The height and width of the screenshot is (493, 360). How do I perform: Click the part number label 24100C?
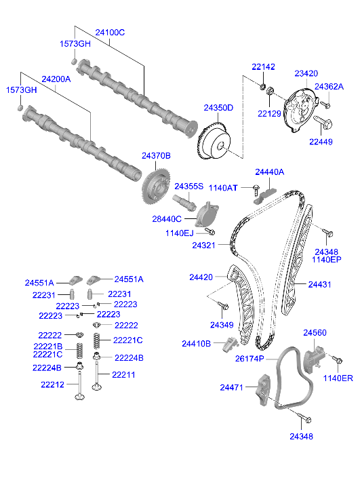110,32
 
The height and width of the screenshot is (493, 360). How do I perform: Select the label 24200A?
56,79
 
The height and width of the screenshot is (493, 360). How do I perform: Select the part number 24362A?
329,87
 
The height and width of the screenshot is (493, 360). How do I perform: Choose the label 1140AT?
222,187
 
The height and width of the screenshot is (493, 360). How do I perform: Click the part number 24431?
322,285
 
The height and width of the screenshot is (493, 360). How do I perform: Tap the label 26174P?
249,359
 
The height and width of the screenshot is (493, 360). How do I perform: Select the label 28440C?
167,219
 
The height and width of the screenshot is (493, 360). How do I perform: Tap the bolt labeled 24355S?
184,201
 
